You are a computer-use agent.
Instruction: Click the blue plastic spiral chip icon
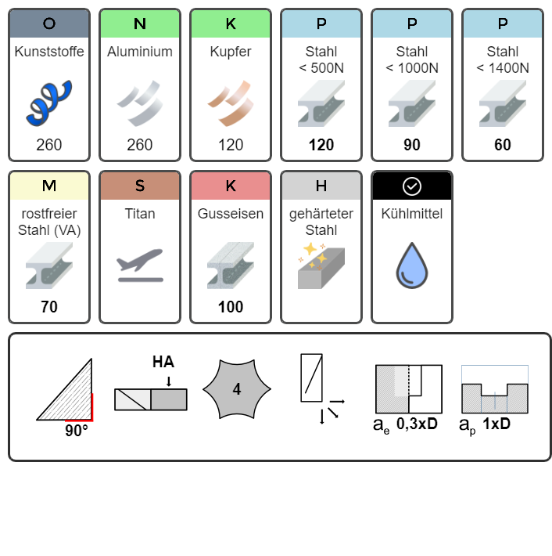click(x=48, y=103)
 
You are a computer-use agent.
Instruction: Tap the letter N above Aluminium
click(x=140, y=23)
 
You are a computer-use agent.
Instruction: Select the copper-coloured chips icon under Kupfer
click(x=231, y=103)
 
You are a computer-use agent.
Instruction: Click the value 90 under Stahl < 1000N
click(x=412, y=145)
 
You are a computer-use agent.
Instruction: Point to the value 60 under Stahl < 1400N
click(x=503, y=145)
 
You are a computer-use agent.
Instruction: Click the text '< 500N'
click(x=321, y=67)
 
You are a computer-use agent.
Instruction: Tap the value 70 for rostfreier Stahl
click(x=49, y=307)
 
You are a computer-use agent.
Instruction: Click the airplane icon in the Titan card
click(x=140, y=265)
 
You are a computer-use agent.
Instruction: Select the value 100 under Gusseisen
click(x=231, y=307)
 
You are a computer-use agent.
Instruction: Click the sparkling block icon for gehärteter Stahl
click(x=321, y=265)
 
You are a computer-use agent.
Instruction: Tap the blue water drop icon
click(x=412, y=265)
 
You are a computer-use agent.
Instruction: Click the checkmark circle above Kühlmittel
click(x=412, y=186)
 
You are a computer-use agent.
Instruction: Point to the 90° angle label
click(x=77, y=431)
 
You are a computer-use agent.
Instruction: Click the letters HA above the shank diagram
click(x=163, y=362)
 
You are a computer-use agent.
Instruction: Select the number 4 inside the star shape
click(x=237, y=389)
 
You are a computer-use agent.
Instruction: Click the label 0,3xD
click(x=417, y=424)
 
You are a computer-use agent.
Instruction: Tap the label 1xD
click(x=496, y=424)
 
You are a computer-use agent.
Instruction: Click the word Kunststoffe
click(x=49, y=52)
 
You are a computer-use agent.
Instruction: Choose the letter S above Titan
click(x=140, y=186)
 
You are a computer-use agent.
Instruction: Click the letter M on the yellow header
click(x=49, y=186)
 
